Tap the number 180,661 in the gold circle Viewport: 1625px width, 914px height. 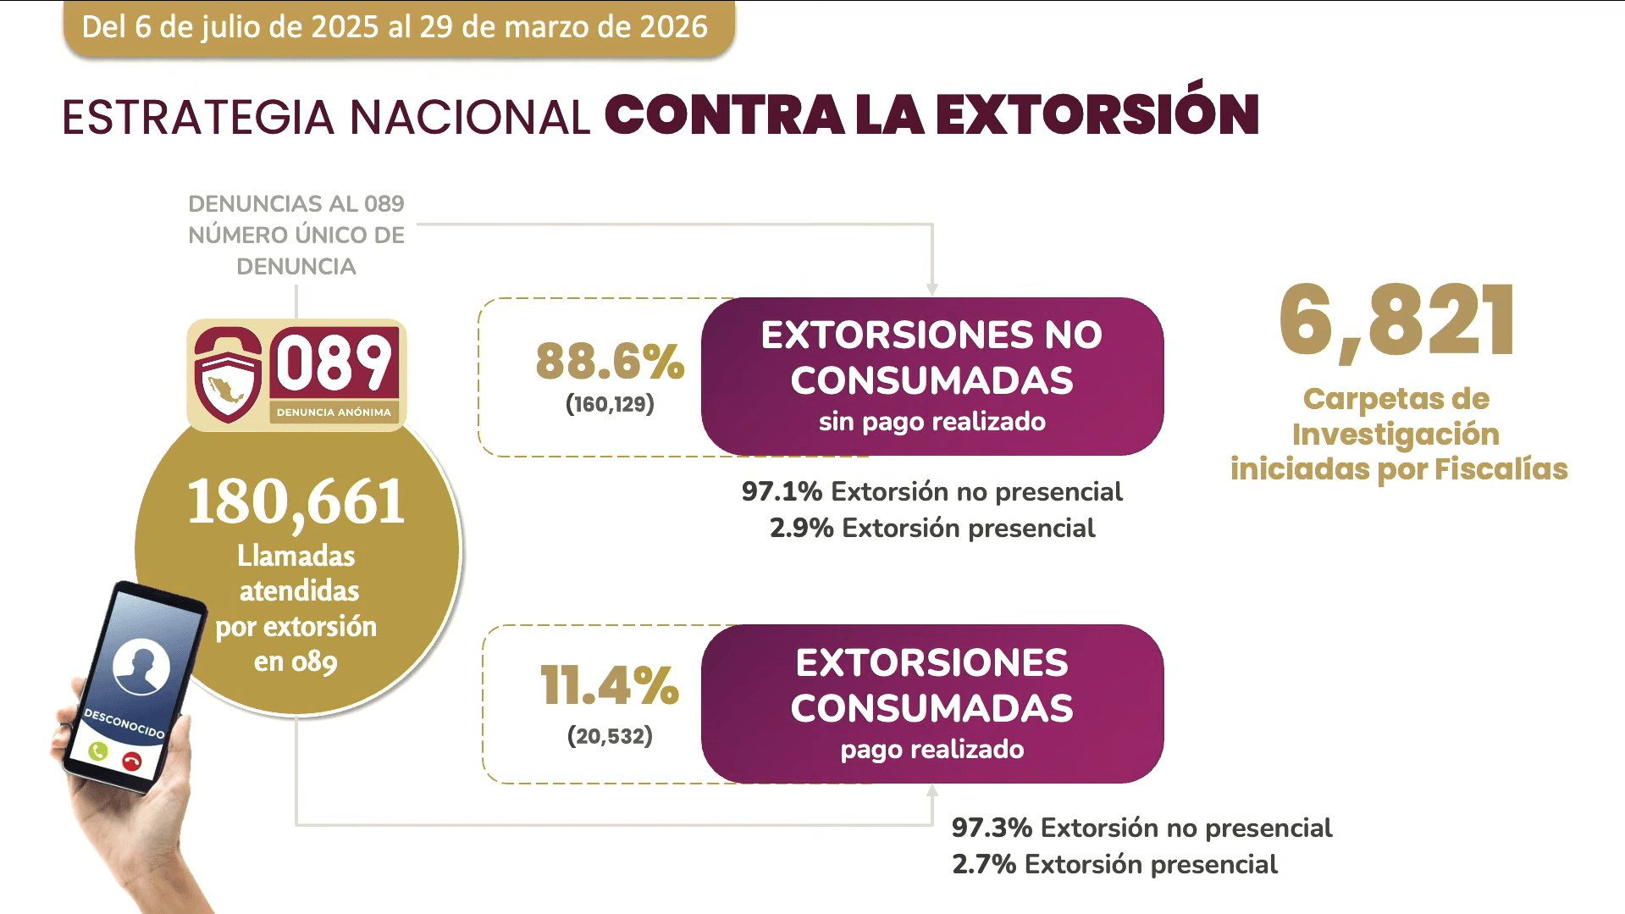[296, 502]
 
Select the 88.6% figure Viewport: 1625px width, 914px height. [610, 362]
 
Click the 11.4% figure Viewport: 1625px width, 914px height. [610, 685]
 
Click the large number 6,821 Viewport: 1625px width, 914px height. [1397, 321]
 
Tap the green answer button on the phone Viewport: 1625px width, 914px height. [98, 751]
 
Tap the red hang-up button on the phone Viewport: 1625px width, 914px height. [131, 761]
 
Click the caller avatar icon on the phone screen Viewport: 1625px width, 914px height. [141, 666]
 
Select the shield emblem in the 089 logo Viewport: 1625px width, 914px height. [228, 375]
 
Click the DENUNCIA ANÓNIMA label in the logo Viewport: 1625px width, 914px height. [334, 413]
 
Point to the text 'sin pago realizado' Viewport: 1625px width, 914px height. [931, 422]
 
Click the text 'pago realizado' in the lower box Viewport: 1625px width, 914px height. [931, 750]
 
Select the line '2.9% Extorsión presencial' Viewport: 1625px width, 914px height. [931, 529]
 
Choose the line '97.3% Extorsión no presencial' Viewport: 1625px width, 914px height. [1141, 828]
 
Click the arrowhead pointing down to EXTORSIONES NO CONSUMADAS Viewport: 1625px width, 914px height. [931, 289]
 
